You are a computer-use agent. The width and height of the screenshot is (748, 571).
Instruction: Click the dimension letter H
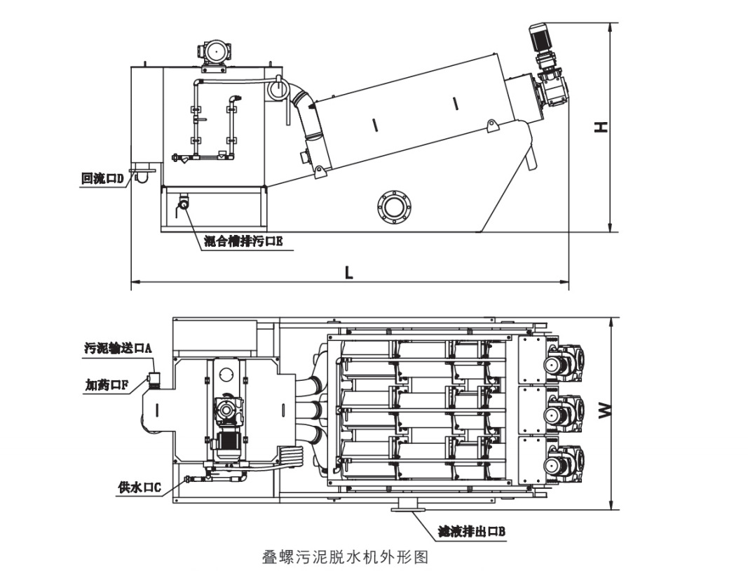(601, 127)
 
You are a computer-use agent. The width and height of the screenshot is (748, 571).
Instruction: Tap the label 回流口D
(102, 179)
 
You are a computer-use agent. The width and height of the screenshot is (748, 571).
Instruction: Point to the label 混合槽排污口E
(243, 242)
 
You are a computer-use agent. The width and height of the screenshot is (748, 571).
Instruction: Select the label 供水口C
(140, 487)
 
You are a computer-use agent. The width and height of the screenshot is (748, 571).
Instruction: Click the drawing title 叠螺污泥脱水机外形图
(344, 557)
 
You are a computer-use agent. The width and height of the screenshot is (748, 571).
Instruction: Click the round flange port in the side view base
(392, 206)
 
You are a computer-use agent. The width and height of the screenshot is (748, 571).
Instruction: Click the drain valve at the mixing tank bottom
(184, 203)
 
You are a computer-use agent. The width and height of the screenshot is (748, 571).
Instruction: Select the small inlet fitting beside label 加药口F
(154, 380)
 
